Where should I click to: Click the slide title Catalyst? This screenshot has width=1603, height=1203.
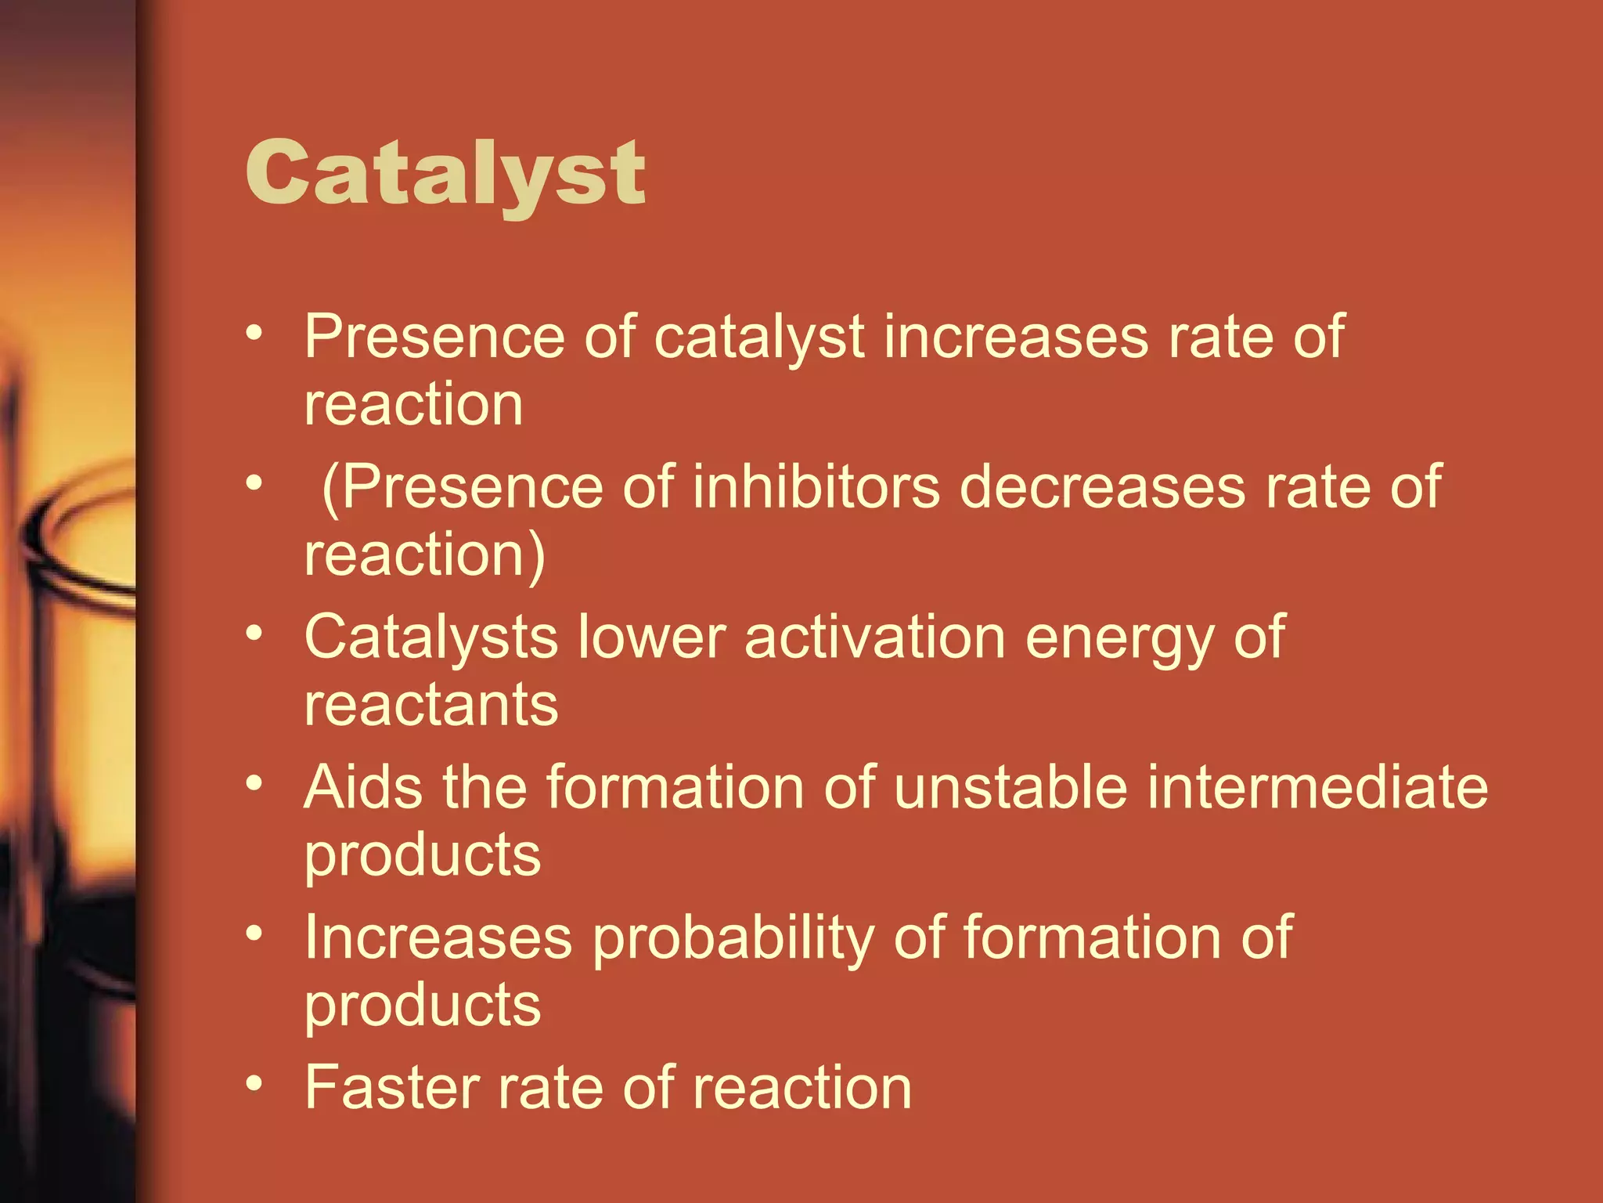445,174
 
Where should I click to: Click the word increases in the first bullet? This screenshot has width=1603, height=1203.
1016,337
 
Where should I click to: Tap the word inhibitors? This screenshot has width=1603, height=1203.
816,487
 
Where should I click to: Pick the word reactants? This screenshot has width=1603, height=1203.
431,705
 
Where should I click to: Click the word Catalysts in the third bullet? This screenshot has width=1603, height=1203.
430,638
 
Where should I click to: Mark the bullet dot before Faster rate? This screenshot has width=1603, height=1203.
254,1083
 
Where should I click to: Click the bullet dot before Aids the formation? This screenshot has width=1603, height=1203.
254,782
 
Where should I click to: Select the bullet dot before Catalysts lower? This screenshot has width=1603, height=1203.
254,632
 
